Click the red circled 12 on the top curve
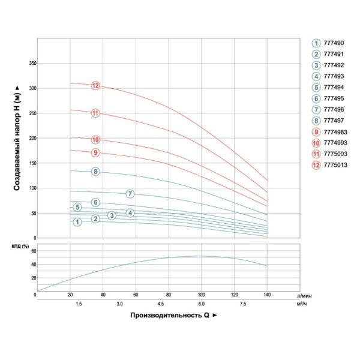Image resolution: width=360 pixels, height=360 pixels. pos(95,85)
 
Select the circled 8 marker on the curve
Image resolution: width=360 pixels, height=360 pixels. pos(95,172)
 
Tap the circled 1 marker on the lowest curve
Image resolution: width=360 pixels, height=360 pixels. pos(77,222)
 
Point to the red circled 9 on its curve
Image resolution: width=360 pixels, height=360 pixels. pos(95,152)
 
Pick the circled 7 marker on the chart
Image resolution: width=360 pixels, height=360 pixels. pos(130,193)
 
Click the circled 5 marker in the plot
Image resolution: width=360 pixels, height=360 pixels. pos(77,207)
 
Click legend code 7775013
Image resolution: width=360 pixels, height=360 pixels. pos(335,166)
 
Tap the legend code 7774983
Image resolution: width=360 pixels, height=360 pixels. pos(335,132)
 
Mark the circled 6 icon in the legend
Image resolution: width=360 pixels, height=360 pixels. pos(316,99)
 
